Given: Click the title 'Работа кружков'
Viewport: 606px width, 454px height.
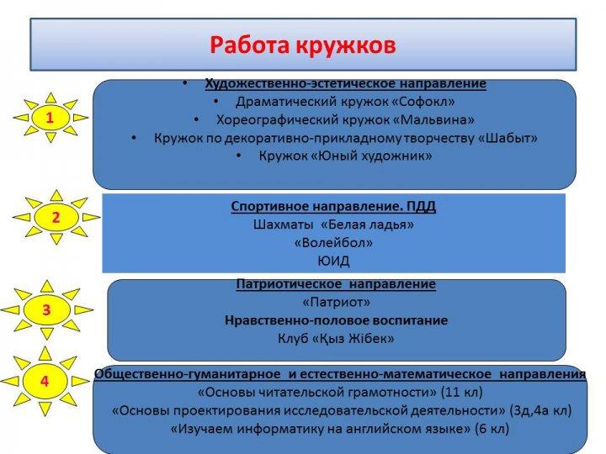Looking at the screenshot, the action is (303, 45).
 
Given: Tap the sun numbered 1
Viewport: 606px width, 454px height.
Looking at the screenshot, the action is (50, 118).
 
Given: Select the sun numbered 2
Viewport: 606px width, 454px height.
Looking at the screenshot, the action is (56, 217).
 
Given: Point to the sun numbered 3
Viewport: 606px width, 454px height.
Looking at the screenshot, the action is (47, 309).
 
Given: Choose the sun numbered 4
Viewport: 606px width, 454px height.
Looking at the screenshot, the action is (45, 381).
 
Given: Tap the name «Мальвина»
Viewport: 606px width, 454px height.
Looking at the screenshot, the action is (433, 119).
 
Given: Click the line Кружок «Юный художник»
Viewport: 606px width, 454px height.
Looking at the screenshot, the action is (345, 156).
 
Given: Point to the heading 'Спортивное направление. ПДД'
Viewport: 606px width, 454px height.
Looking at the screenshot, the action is (333, 206).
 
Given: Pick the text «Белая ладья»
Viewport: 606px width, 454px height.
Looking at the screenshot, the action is (368, 224).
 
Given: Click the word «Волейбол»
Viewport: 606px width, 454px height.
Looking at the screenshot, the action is (333, 243).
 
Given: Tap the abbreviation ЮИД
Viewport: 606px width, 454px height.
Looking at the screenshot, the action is (333, 261).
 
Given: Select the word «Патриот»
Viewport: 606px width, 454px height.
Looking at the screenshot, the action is (336, 302).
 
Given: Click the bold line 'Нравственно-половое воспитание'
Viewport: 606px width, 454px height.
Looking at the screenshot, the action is (336, 320).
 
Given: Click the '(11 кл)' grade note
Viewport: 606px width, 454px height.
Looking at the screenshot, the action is (462, 393).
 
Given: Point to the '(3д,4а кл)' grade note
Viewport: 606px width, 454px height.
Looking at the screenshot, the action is (540, 410).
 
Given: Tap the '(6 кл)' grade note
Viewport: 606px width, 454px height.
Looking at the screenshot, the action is (492, 429).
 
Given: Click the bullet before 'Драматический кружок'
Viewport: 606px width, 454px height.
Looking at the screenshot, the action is (216, 102).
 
